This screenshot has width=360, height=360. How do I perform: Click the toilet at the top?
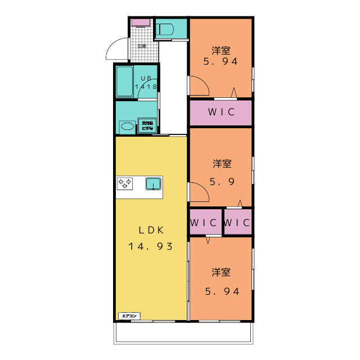165,29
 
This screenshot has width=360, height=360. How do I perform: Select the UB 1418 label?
146,83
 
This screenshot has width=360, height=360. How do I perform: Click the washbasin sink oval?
128,127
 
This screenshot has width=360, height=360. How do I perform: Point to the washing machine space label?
147,125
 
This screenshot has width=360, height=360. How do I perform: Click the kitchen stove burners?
125,183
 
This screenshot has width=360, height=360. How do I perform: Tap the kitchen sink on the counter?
154,183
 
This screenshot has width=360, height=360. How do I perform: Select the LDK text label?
150,229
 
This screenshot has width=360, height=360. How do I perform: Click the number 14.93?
150,246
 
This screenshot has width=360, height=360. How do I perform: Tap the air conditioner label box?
129,316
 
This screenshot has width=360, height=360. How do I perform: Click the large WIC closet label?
220,111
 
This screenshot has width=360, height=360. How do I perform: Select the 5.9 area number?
221,181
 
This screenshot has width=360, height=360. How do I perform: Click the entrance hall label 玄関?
141,46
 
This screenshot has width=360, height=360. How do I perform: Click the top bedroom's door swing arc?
199,85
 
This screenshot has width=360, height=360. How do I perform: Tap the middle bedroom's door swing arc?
199,192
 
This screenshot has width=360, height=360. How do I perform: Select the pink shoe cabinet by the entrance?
141,23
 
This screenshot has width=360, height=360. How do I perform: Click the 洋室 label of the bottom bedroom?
221,273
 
